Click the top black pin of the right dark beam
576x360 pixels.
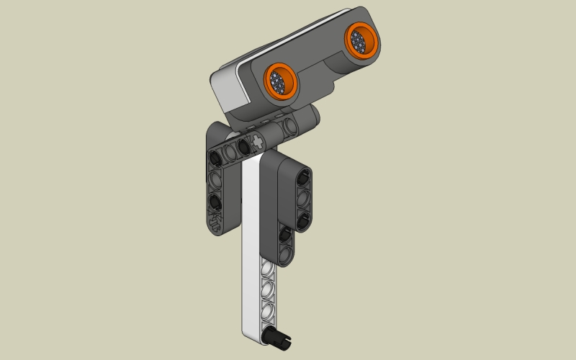[303, 175]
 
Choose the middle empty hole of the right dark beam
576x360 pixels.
[303, 196]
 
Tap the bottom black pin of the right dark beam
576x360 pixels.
[303, 217]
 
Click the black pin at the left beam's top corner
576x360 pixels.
[215, 156]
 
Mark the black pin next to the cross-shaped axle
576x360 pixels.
[245, 146]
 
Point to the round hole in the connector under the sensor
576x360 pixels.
[291, 127]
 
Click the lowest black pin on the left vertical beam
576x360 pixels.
[215, 201]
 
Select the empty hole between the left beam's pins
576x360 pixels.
[215, 179]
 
